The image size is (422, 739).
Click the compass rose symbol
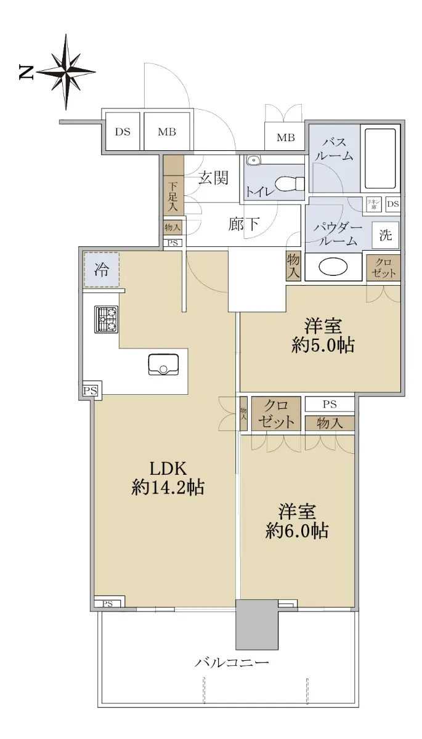pos(67,71)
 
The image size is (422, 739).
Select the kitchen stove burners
pos(106,319)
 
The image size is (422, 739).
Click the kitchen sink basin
pos(163,364)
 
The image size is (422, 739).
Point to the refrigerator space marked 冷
pos(101,270)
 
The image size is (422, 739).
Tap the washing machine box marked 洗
pos(386,235)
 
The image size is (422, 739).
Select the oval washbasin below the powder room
pos(333,267)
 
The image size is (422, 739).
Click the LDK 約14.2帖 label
pos(168,478)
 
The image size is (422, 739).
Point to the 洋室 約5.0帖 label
pos(323,336)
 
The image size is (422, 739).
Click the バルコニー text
pos(232,662)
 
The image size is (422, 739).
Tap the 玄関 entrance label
pos(213,178)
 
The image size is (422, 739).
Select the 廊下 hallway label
pos(243,224)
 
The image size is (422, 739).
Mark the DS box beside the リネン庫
pos(393,204)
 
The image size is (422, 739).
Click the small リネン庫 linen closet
pos(374,204)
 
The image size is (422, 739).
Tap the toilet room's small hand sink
pos(253,160)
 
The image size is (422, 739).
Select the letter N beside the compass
pos(26,72)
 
